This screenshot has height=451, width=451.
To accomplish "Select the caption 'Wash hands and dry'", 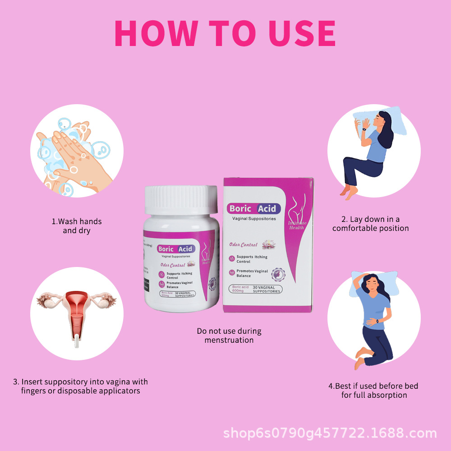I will tap(76, 226).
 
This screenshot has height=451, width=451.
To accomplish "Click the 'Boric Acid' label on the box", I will tap(254, 208).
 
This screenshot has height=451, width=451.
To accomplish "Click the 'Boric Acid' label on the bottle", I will tap(175, 249).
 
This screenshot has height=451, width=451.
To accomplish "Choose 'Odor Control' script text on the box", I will tap(243, 245).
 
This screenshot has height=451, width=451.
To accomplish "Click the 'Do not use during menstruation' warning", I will tap(229, 336).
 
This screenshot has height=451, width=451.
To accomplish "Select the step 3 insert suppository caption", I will tap(80, 386).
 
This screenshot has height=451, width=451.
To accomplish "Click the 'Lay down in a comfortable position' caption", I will tap(370, 224).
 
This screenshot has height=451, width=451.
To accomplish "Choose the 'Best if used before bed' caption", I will tap(373, 391).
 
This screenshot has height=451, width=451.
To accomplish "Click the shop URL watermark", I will tap(330, 434).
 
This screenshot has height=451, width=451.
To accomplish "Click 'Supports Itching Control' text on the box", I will tap(252, 259).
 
